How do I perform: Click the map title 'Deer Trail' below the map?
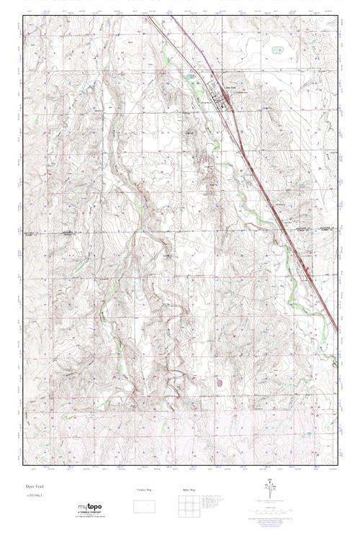(x=35, y=487)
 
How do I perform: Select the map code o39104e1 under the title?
(x=35, y=496)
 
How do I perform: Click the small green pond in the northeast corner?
(x=276, y=50)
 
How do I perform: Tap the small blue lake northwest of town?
(x=192, y=77)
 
